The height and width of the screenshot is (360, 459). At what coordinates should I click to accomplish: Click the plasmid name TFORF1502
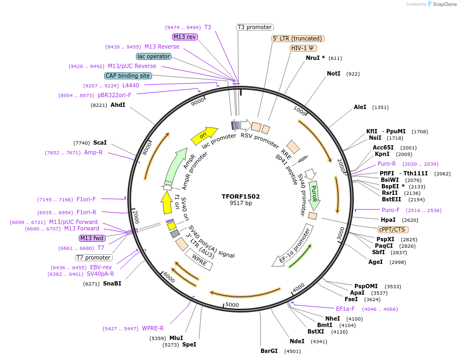point(241,196)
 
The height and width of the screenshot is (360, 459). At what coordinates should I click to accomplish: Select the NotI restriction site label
point(333,73)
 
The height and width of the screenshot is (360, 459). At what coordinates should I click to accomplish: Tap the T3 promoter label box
point(255,28)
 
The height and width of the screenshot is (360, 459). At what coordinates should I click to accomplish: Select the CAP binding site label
point(128,76)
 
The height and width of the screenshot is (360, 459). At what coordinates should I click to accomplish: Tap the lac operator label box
point(154,56)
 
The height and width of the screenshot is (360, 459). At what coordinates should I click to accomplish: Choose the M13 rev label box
point(184,37)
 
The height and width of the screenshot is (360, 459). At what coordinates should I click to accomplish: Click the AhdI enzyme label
point(118,105)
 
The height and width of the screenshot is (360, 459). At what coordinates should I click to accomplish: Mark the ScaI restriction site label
point(100,142)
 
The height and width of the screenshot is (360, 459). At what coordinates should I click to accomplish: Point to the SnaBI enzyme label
point(112,283)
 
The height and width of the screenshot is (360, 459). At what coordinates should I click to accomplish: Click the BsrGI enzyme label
point(269,351)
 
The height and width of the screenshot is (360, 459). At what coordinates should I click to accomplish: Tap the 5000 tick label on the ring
point(232,305)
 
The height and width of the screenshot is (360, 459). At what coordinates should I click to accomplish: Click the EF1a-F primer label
point(345,309)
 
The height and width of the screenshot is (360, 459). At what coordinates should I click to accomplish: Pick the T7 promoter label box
point(94,257)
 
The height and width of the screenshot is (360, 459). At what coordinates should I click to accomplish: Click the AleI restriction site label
point(360,107)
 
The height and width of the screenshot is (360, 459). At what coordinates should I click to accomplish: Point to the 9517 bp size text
point(241,203)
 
